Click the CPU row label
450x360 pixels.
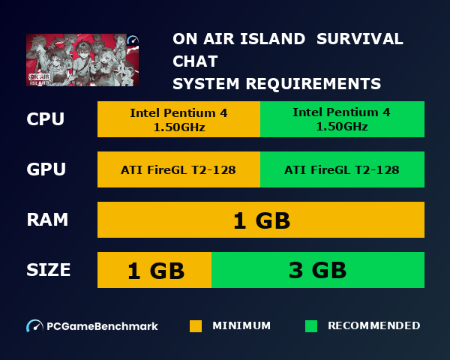[x=45, y=119]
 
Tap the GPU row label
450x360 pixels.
[x=46, y=169]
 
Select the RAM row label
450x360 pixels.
[x=47, y=220]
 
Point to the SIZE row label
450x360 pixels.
[x=49, y=270]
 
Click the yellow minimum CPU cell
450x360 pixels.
[x=178, y=119]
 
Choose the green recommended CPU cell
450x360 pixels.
[x=342, y=119]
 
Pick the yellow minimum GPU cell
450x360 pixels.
[x=178, y=169]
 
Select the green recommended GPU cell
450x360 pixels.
[x=342, y=169]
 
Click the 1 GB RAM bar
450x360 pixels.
[x=261, y=220]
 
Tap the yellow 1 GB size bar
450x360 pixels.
[x=154, y=270]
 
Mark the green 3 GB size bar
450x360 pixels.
[x=318, y=270]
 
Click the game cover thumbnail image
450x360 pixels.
[x=82, y=60]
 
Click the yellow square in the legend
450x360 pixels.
[x=196, y=326]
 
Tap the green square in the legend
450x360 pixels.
[x=311, y=326]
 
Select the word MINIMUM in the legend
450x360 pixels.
[x=241, y=326]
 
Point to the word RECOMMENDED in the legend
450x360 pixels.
[x=373, y=326]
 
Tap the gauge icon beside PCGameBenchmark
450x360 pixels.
[x=34, y=326]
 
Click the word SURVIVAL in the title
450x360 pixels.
[x=360, y=39]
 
